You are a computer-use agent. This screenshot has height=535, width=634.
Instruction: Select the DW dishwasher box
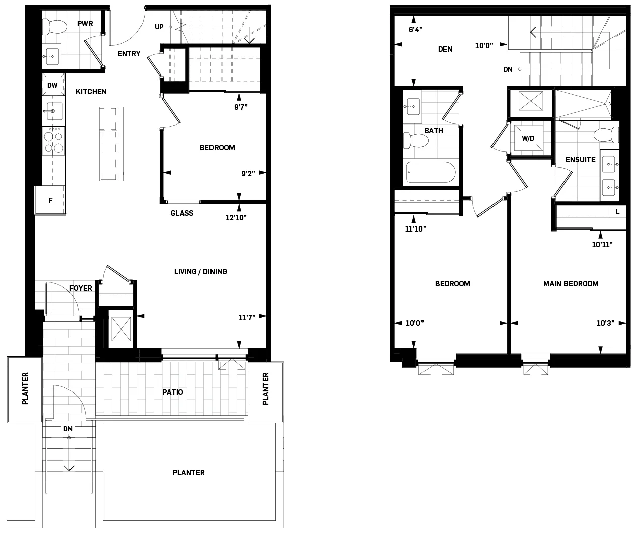[52, 85]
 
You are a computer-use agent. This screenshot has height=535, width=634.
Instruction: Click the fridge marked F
[50, 200]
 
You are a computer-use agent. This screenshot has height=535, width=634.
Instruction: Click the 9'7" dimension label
[241, 107]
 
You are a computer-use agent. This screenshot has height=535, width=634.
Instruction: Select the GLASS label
[182, 213]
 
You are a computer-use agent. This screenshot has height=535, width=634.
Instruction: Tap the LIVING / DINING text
[200, 272]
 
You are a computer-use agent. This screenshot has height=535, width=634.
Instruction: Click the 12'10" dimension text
[236, 218]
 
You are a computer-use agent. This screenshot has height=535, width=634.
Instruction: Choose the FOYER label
[81, 288]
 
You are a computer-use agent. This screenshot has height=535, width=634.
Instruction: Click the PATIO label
[172, 392]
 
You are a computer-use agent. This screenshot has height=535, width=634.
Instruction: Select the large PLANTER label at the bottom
[188, 473]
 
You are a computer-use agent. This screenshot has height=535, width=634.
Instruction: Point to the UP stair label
[159, 27]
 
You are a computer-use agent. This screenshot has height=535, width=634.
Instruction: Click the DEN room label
[445, 49]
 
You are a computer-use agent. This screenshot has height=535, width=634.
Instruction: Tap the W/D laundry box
[528, 138]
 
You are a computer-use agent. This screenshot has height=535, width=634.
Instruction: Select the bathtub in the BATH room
[431, 172]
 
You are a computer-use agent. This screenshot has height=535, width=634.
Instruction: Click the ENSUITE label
[580, 160]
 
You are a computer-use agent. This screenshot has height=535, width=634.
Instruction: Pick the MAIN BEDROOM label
[571, 284]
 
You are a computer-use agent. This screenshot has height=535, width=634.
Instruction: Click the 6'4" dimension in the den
[415, 30]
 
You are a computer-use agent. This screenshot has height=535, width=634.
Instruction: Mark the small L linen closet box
[617, 212]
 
